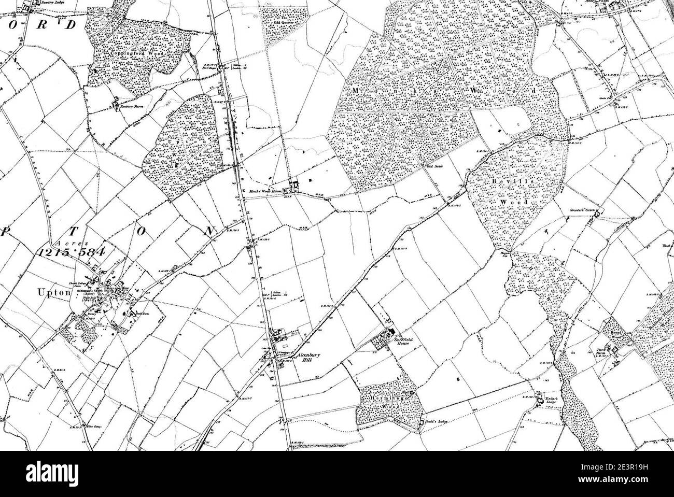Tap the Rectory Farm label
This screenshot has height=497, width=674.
[131, 106]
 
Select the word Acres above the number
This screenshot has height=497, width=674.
[70, 242]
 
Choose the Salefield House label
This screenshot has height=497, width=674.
[401, 340]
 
